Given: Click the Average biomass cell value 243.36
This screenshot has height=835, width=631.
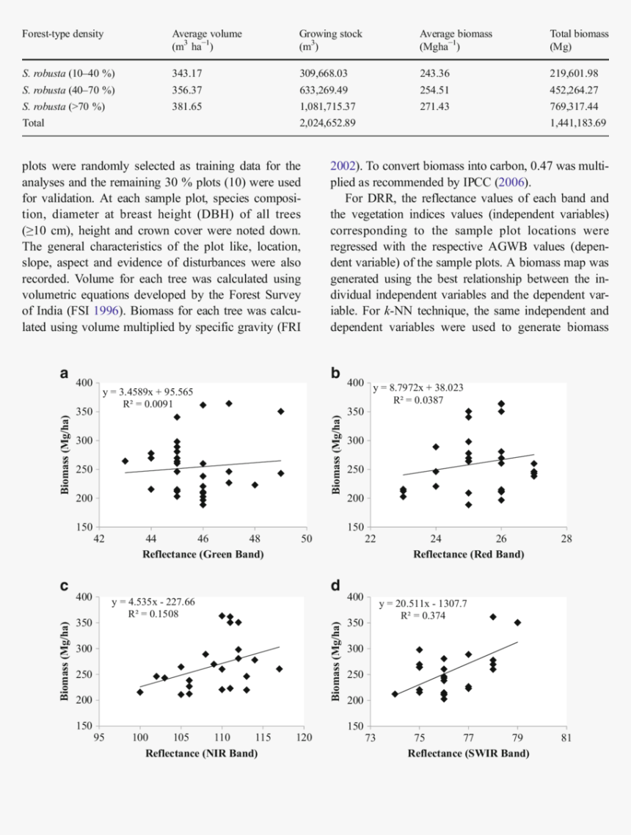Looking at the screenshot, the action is (434, 73).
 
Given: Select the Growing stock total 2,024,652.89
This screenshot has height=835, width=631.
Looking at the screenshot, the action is (327, 123).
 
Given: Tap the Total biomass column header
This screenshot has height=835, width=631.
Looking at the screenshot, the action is (579, 40).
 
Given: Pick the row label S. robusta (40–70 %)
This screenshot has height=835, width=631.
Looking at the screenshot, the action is (69, 90).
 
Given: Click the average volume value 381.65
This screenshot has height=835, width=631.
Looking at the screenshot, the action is (187, 106).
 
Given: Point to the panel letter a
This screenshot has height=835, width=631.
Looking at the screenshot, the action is (65, 373).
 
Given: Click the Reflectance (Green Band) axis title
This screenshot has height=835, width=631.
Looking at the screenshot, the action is (203, 555).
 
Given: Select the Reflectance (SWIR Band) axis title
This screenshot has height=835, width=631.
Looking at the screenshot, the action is (469, 753).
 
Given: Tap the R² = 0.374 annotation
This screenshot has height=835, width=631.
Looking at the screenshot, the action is (423, 616).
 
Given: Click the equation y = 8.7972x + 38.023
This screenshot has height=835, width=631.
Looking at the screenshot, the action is (418, 387).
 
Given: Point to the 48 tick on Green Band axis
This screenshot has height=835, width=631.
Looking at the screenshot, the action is (255, 539).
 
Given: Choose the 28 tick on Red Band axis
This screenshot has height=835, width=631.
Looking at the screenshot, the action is (566, 539).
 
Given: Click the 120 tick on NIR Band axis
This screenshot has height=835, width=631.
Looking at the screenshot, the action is (304, 737).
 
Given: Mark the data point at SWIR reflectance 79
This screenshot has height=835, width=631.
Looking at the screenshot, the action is (517, 622).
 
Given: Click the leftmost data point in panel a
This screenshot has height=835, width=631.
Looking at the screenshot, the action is (125, 462).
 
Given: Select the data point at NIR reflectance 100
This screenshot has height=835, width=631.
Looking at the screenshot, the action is (140, 692).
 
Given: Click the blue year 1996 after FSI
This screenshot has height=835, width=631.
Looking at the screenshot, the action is (106, 311).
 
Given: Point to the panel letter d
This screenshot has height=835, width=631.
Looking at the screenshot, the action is (335, 586).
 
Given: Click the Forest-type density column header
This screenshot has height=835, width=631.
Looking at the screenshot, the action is (63, 34).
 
